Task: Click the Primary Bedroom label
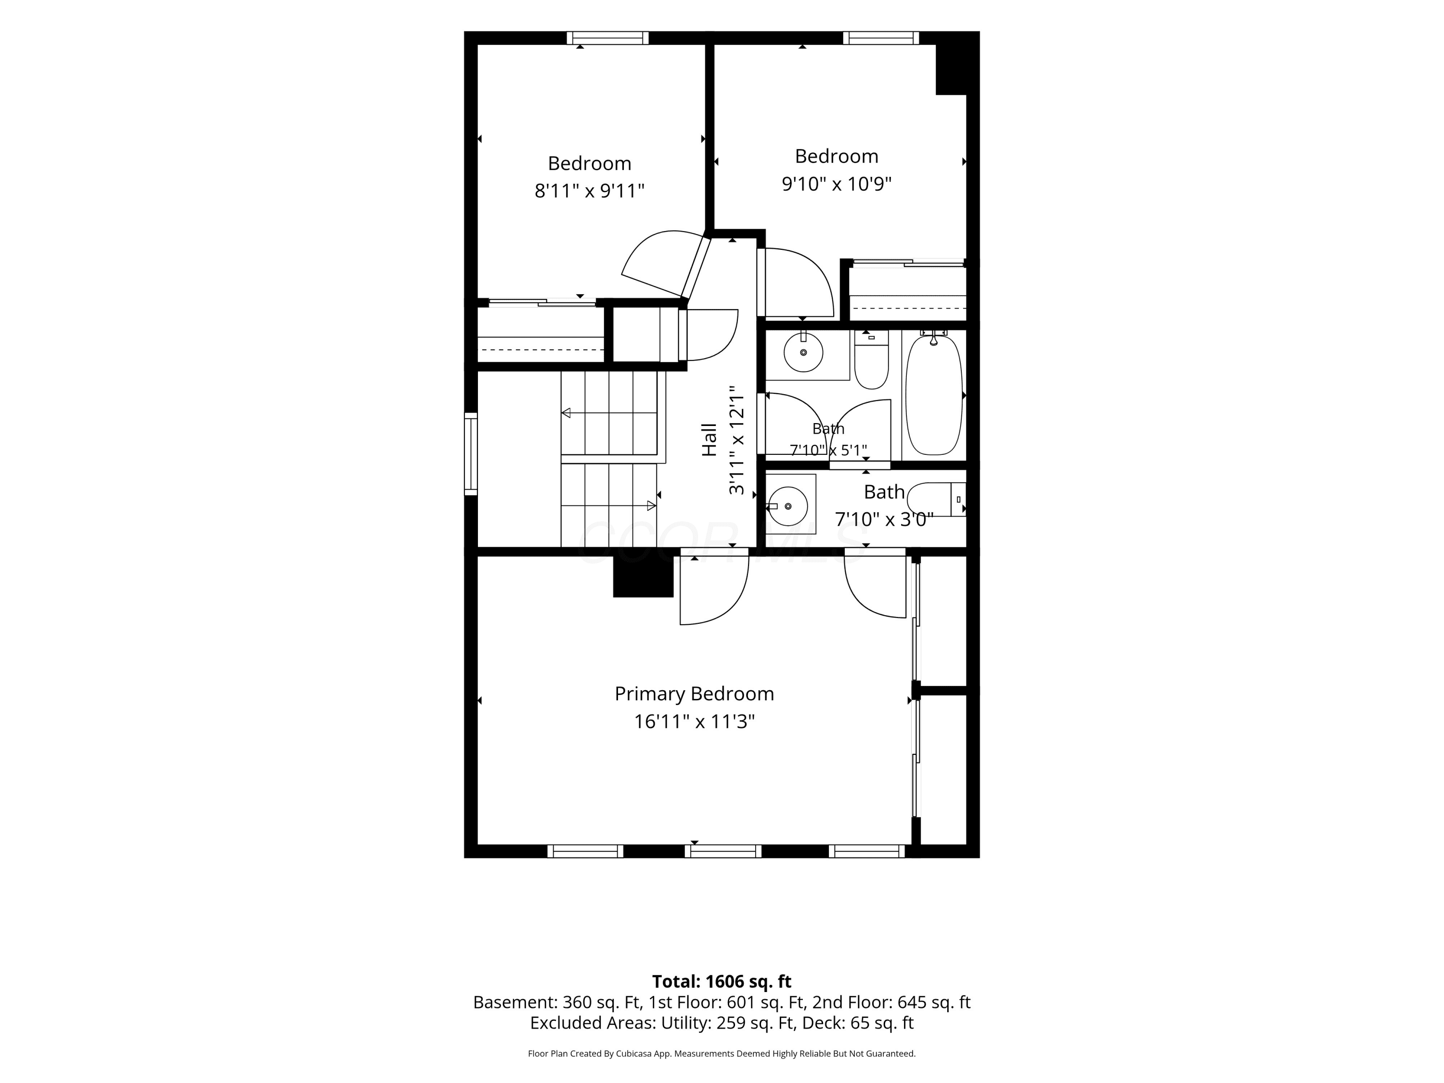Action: (694, 694)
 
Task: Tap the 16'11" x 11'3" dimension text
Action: (694, 722)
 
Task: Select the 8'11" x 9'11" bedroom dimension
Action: (590, 191)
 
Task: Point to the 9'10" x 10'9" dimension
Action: (836, 183)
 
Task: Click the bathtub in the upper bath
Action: (933, 395)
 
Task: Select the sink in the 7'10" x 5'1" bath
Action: (803, 352)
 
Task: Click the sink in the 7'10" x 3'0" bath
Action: (788, 506)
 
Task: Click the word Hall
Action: (709, 439)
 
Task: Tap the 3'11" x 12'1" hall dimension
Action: (736, 440)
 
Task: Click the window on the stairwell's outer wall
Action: (471, 454)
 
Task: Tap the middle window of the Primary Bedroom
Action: (722, 851)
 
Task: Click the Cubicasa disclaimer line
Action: (722, 1053)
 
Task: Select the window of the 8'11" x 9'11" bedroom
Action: (608, 38)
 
